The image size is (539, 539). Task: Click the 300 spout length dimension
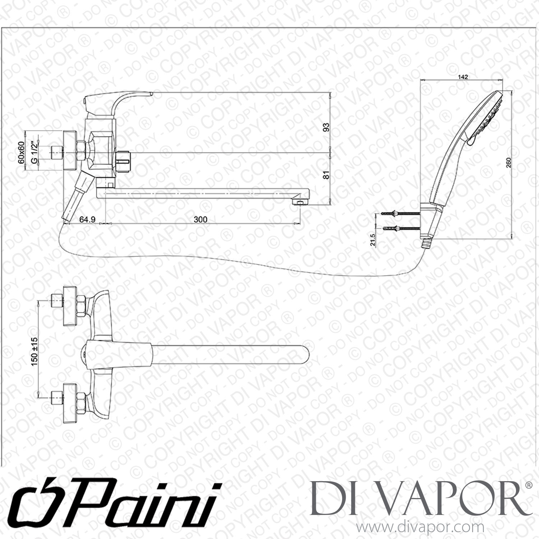200,219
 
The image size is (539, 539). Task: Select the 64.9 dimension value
87,219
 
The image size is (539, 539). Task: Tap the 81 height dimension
326,175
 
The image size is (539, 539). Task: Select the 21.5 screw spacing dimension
372,240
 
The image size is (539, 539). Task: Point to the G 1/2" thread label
34,153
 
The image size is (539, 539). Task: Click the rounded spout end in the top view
305,355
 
